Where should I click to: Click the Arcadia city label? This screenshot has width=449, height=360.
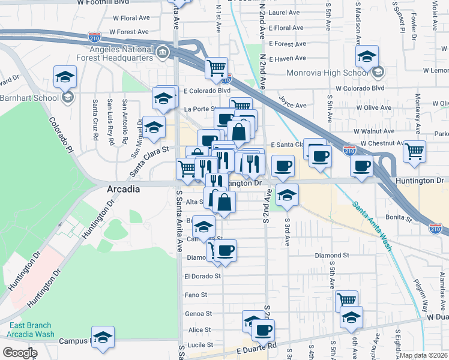pyautogui.click(x=123, y=188)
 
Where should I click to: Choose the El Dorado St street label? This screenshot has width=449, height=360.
pyautogui.click(x=203, y=277)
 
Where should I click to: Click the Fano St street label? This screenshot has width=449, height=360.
pyautogui.click(x=196, y=295)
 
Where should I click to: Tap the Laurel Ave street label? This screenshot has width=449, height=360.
pyautogui.click(x=284, y=12)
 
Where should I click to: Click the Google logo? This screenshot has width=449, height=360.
pyautogui.click(x=19, y=353)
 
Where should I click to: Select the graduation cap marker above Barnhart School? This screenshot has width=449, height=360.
pyautogui.click(x=65, y=77)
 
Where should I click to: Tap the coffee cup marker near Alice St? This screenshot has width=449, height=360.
pyautogui.click(x=262, y=329)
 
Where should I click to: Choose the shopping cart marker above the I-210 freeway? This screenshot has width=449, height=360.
pyautogui.click(x=216, y=67)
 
